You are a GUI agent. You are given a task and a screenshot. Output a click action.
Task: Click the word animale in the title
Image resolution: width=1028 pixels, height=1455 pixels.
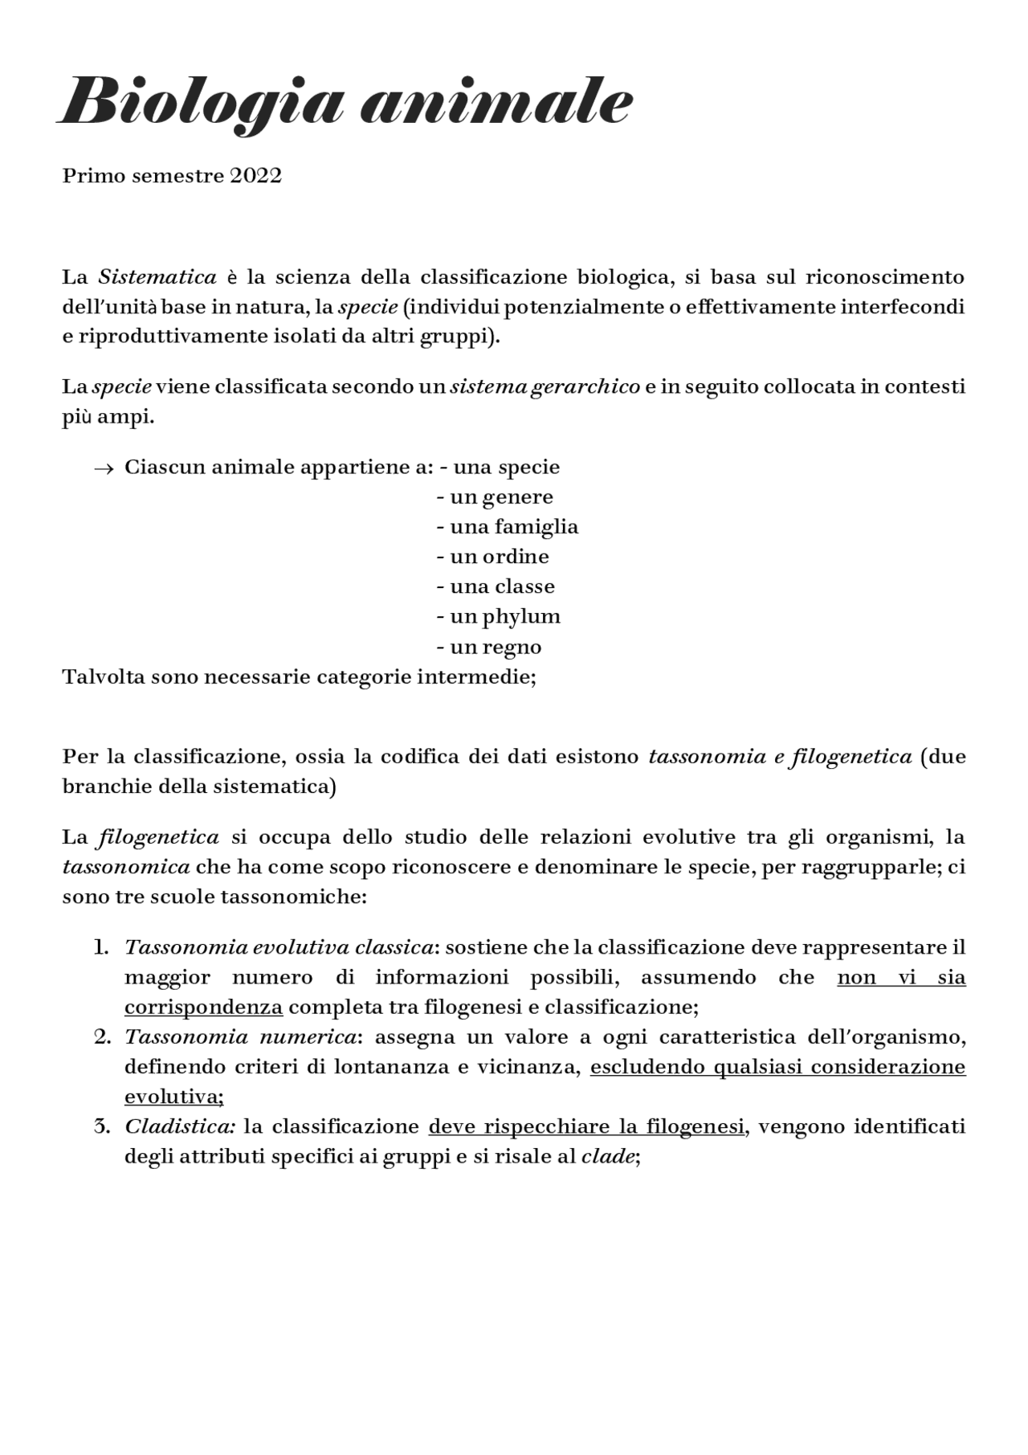496,103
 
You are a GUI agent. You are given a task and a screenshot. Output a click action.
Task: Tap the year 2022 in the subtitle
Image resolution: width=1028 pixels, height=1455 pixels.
255,176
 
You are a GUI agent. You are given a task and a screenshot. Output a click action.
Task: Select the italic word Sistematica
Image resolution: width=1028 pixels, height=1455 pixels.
157,277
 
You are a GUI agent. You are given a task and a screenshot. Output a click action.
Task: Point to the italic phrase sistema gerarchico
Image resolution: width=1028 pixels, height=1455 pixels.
545,387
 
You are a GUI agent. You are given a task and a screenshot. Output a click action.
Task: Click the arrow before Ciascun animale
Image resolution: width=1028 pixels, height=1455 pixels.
104,468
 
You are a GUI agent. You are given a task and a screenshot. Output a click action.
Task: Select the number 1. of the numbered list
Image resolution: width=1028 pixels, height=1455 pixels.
100,947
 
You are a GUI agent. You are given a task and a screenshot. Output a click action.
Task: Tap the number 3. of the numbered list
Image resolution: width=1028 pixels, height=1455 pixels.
101,1126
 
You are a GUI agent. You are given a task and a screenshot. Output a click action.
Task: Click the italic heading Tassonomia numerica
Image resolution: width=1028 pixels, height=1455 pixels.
240,1037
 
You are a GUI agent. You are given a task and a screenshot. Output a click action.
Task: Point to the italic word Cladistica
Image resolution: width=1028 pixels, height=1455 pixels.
179,1126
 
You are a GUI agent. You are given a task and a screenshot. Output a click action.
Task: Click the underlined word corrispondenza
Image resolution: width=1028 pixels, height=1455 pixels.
203,1007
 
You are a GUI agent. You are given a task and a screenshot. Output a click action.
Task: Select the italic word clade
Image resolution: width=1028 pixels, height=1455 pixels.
607,1157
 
